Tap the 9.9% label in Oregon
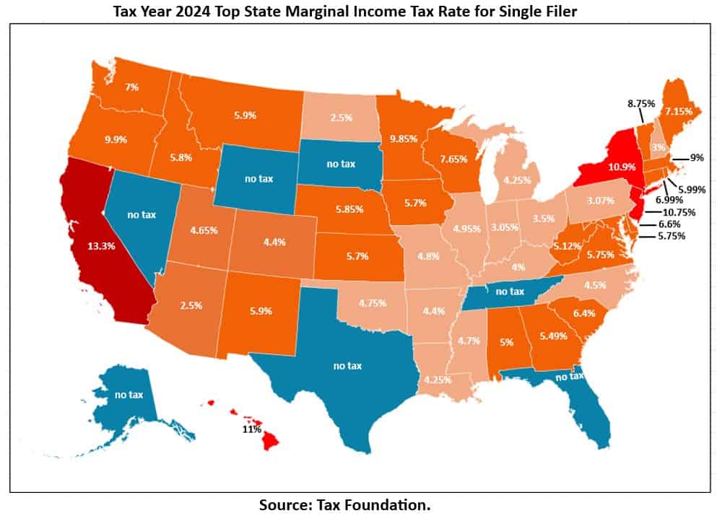(x=118, y=139)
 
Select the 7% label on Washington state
(x=131, y=87)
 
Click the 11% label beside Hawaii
(x=251, y=429)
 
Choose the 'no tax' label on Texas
(x=347, y=366)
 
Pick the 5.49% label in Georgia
(x=553, y=336)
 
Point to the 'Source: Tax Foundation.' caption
(x=344, y=505)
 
